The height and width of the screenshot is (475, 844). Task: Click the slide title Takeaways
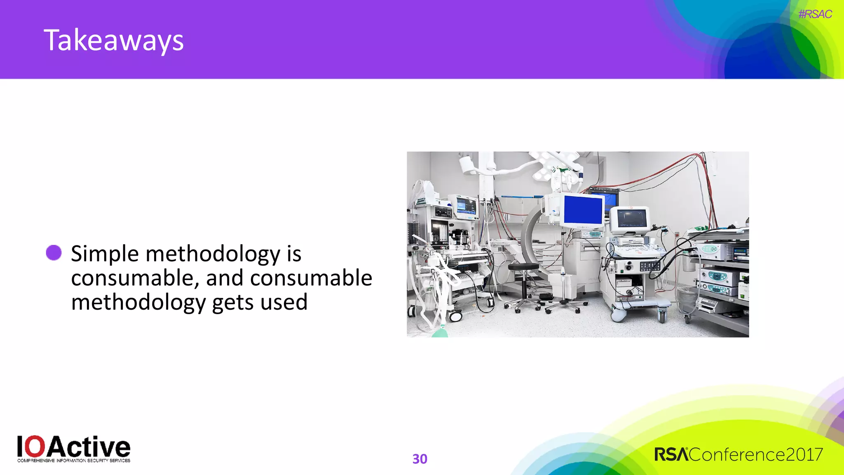[x=113, y=40]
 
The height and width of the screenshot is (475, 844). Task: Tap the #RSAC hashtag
[x=815, y=14]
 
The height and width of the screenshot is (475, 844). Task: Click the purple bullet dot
[x=54, y=253]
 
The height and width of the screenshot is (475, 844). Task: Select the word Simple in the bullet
[x=105, y=254]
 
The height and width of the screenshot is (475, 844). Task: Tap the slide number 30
[x=420, y=459]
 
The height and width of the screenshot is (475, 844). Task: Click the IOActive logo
[x=73, y=447]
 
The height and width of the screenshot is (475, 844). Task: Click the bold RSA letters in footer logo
[x=671, y=455]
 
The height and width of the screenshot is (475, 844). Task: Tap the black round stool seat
[x=523, y=267]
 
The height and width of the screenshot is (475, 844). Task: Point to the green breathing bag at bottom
[x=440, y=332]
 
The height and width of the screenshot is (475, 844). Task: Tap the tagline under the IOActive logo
[x=73, y=461]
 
